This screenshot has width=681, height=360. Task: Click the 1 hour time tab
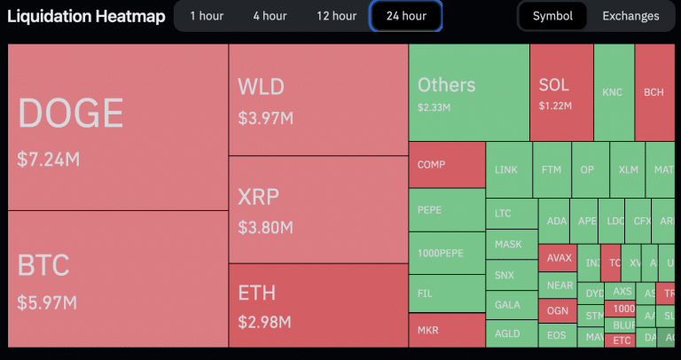(206, 16)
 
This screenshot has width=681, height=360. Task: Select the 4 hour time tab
(269, 16)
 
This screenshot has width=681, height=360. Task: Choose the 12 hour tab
(336, 16)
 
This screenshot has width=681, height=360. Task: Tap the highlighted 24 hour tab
(405, 16)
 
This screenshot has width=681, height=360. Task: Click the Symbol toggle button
(552, 16)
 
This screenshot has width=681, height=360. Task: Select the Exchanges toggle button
(630, 16)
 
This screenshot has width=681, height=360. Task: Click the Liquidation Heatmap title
(86, 16)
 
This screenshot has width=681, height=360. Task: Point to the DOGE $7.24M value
(49, 159)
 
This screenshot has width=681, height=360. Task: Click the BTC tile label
(43, 265)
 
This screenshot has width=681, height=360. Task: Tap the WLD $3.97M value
(265, 117)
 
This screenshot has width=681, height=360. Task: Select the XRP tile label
(259, 197)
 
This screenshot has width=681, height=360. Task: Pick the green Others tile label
(446, 85)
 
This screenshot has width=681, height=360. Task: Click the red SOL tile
(560, 92)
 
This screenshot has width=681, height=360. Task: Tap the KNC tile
(613, 92)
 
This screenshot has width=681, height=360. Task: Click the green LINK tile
(506, 169)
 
